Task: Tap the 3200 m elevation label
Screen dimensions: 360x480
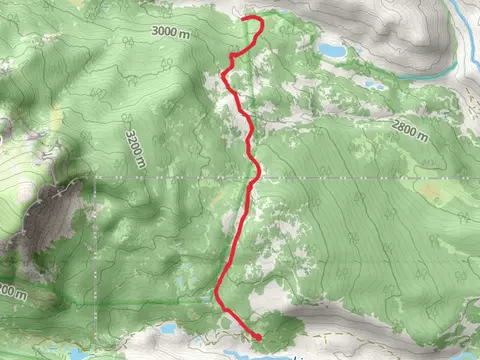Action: click(134, 148)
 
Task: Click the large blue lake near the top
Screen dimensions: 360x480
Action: click(332, 49)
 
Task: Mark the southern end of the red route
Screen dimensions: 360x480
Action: click(259, 337)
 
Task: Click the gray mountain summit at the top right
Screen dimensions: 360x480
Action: click(400, 25)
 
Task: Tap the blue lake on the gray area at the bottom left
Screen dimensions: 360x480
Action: click(168, 327)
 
